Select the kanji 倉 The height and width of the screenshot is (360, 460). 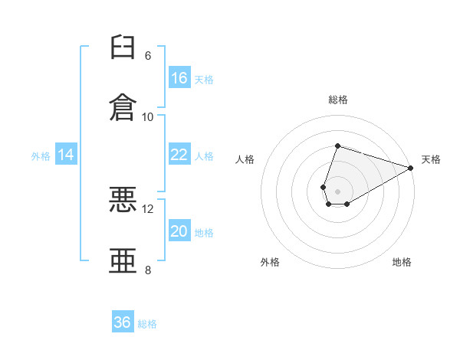click(123, 106)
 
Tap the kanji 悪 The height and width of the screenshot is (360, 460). click(123, 200)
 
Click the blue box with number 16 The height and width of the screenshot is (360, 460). click(179, 78)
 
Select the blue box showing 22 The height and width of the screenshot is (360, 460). click(179, 155)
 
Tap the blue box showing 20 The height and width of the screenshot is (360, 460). click(179, 232)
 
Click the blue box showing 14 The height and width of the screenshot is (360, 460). click(66, 155)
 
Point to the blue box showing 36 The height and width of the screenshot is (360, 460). click(123, 322)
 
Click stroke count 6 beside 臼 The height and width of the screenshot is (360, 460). click(148, 56)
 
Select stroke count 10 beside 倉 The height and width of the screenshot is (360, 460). click(148, 116)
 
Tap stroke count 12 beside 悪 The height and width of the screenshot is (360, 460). click(148, 209)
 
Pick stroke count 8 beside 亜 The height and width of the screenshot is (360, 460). click(148, 270)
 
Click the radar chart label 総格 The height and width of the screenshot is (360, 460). click(337, 100)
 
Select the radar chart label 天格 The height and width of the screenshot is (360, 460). click(431, 159)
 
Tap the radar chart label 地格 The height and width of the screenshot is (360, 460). click(402, 262)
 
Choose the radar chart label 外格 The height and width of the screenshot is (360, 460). click(270, 262)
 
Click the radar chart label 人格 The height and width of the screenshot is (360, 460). click(245, 159)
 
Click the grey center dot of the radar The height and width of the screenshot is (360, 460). click(337, 191)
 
